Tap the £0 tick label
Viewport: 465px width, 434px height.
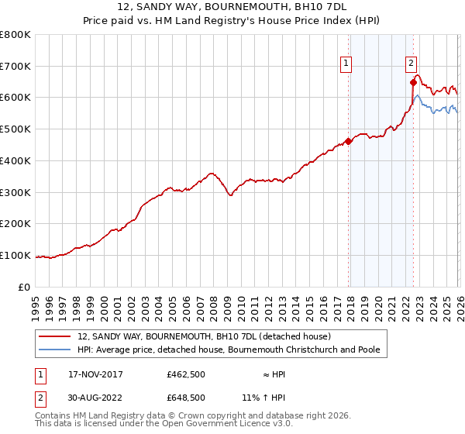coord(24,287)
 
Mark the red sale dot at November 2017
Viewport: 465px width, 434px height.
coord(348,141)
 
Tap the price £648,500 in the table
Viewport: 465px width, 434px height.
coord(185,397)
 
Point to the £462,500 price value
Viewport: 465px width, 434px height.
coord(185,375)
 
